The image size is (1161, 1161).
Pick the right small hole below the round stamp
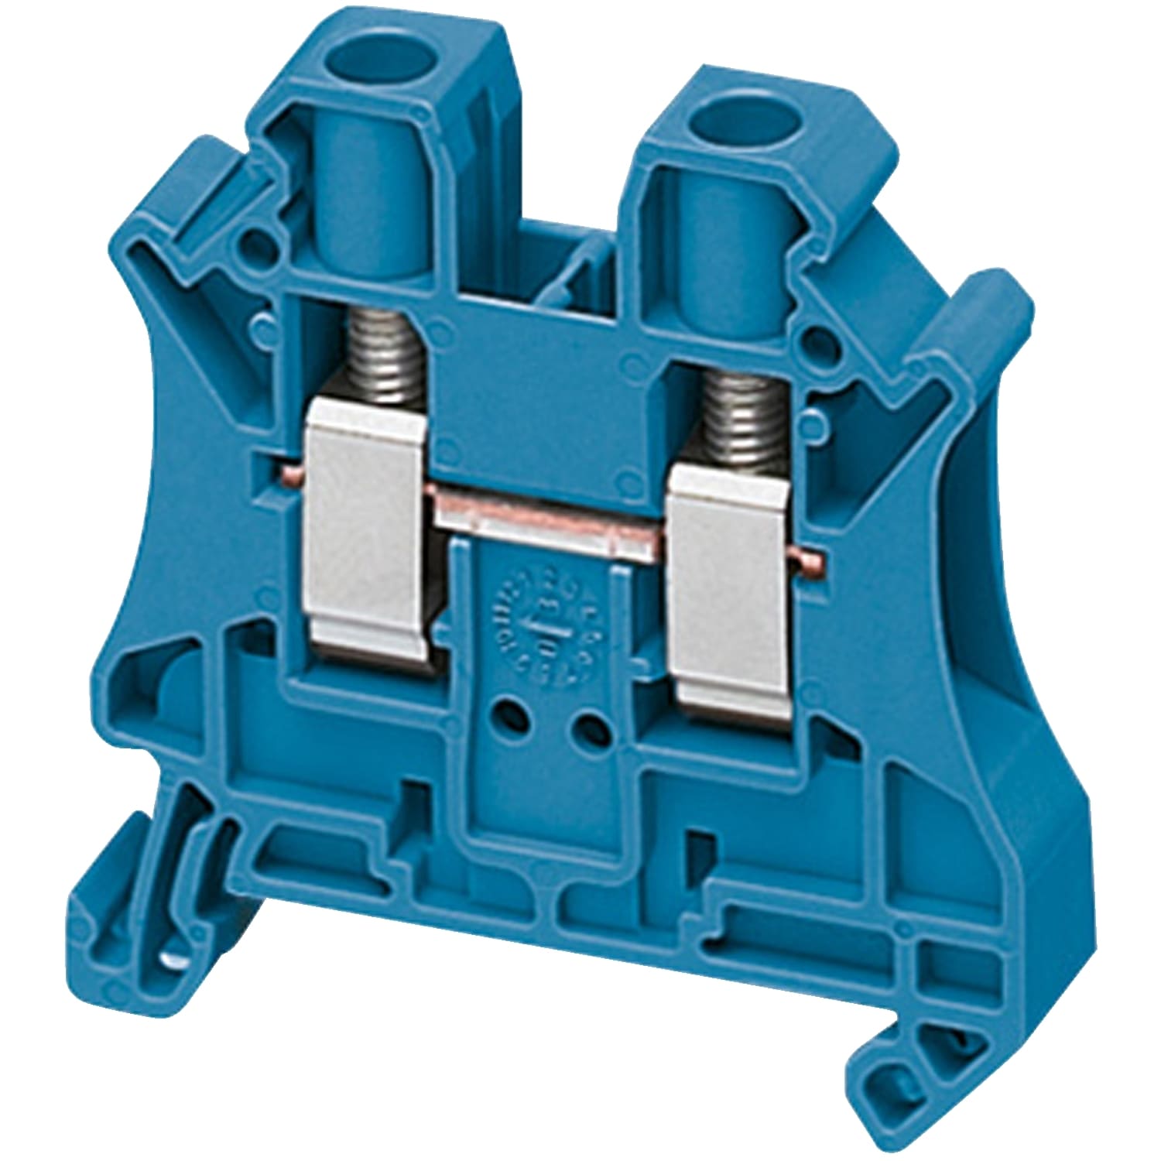(591, 724)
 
